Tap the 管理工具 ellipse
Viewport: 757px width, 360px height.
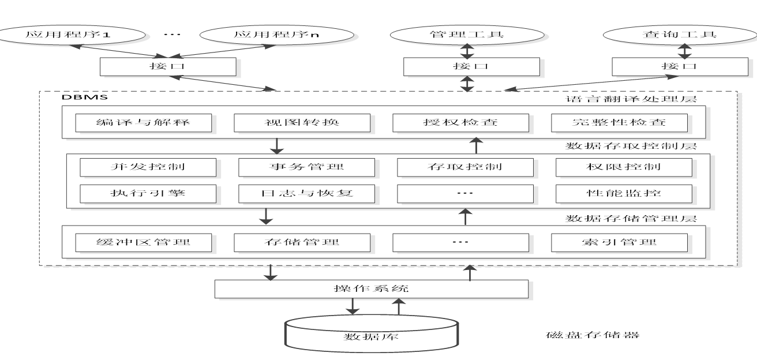point(467,35)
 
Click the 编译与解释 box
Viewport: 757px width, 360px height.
point(144,123)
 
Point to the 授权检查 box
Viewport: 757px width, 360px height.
point(460,123)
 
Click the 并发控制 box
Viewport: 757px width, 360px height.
point(148,167)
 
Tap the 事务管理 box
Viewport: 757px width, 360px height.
point(307,167)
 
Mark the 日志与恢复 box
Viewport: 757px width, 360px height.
point(307,193)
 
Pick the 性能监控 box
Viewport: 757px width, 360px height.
point(624,193)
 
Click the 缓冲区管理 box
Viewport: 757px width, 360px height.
point(144,242)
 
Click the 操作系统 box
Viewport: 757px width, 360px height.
point(370,288)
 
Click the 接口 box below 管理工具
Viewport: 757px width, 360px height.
point(466,66)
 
